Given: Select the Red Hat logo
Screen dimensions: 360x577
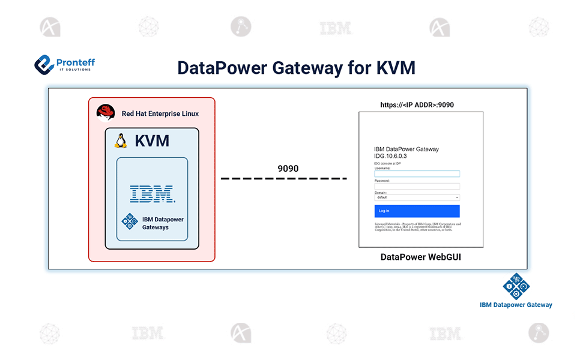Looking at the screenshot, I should [106, 113].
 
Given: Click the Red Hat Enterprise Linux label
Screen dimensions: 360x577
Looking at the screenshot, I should [160, 113].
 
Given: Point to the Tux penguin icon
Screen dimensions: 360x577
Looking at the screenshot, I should [121, 141].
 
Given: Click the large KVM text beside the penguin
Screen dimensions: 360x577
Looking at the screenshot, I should [152, 141].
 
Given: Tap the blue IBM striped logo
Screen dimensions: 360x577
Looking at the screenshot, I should [152, 193].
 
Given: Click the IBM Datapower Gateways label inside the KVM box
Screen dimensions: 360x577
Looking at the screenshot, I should [163, 223].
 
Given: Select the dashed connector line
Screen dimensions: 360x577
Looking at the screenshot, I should [283, 179].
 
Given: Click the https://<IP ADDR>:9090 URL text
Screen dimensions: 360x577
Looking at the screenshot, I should [417, 105].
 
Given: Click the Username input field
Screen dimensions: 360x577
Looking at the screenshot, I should [417, 174].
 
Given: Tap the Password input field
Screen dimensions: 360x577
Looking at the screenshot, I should [417, 186].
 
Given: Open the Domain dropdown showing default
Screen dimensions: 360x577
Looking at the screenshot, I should [417, 197].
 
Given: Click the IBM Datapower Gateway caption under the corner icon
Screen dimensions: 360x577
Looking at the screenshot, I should [516, 305].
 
